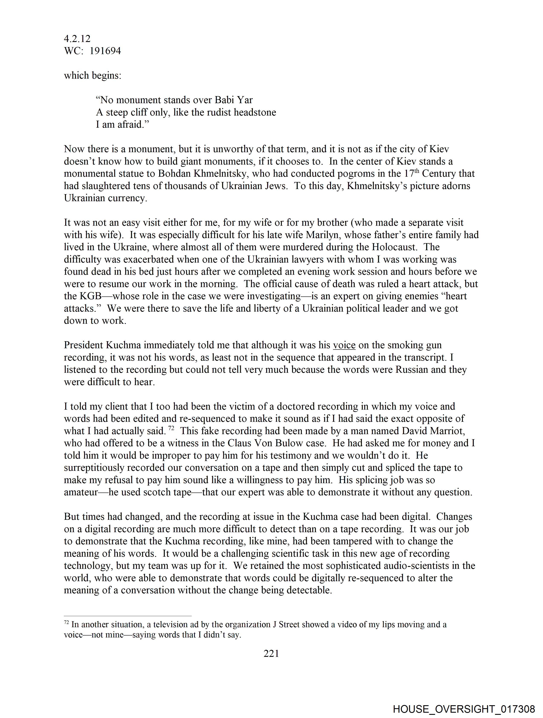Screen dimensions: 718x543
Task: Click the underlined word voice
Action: pyautogui.click(x=344, y=345)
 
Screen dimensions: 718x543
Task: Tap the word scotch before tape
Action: pyautogui.click(x=159, y=492)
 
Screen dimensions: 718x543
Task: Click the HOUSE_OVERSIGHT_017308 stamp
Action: pyautogui.click(x=464, y=709)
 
